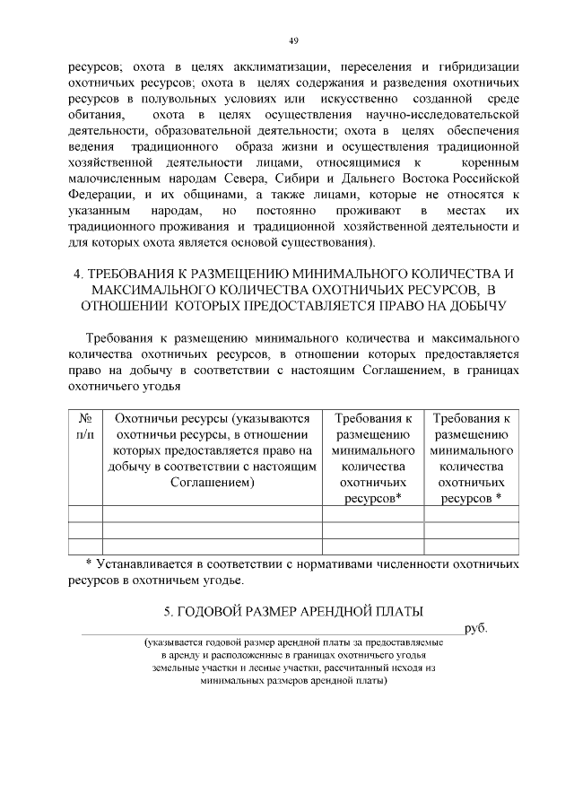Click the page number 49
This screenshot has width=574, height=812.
pos(293,40)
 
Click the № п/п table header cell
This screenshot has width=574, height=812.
pos(86,425)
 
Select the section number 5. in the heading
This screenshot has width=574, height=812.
pos(170,612)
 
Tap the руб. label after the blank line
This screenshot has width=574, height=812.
pos(475,629)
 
